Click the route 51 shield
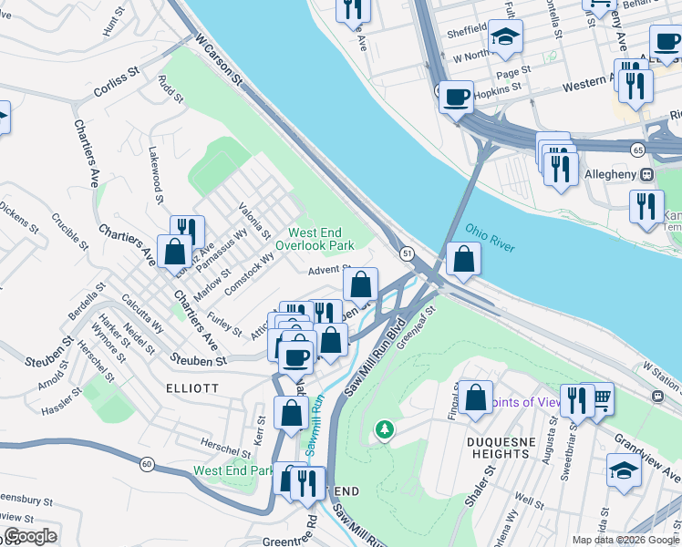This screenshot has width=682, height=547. pos(407,252)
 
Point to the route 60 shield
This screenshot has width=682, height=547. pos(147,464)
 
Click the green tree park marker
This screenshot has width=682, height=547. pos(385,428)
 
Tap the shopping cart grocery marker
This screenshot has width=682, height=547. pos(598,397)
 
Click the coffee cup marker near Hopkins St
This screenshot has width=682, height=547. pos(456,95)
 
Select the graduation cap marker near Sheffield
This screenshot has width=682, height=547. pos(505,37)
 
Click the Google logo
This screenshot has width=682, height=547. pos(30,536)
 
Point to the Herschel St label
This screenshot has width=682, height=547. pos(227,450)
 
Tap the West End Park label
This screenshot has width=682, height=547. pos(232,471)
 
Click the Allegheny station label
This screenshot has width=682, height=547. pos(607,174)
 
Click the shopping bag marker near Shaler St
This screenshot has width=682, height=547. pos(475,397)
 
